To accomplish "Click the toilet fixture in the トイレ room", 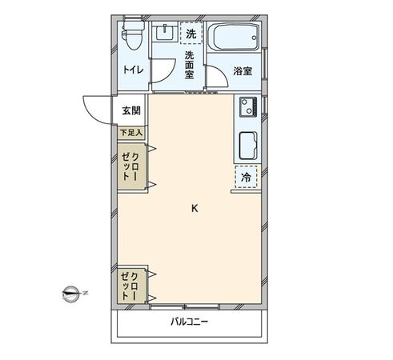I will click(131, 35).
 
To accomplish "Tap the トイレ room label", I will click(133, 70).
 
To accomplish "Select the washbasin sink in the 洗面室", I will click(166, 34).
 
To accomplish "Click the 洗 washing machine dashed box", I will click(190, 34).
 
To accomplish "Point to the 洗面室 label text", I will click(190, 64).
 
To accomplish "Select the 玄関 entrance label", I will click(131, 110).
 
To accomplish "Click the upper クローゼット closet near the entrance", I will click(133, 166).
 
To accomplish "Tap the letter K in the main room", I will click(194, 209).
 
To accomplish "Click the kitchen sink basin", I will click(247, 145).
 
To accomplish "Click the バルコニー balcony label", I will click(190, 322).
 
